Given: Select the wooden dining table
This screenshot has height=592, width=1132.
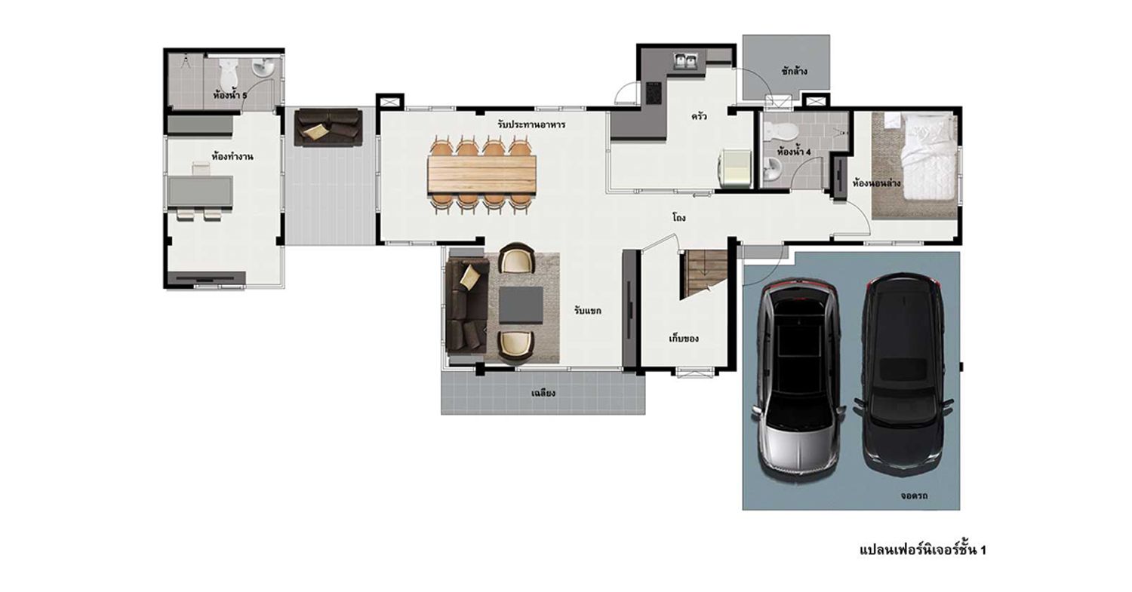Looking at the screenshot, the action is point(481,175).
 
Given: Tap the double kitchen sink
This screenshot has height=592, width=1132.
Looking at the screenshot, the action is point(686,61).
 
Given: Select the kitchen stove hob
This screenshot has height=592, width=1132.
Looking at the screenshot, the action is point(653,94).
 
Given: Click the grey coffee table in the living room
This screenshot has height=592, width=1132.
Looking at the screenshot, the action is point(521,305).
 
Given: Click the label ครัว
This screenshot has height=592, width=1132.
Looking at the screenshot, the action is point(699,117).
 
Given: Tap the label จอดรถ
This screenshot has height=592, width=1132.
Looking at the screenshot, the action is point(914,495).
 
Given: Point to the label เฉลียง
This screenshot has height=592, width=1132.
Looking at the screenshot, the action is point(543,392).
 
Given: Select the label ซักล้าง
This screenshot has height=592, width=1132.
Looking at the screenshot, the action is point(794,71).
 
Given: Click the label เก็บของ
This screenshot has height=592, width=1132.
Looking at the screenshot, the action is point(684,338).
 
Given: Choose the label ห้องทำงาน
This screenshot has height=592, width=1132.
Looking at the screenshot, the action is point(232,157).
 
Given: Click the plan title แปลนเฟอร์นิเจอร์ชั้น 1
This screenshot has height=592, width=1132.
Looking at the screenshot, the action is point(922,549).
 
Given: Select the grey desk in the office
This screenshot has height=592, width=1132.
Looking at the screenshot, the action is point(201,192).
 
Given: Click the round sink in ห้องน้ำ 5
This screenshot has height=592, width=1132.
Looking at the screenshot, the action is point(263,68).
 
